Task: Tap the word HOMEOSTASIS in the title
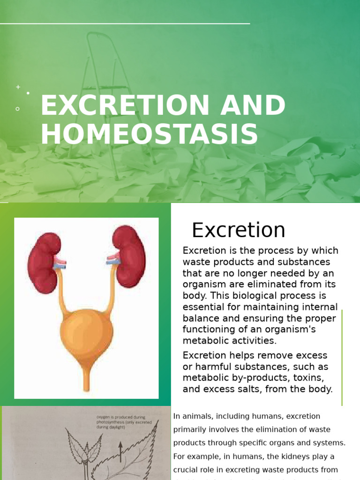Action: click(149, 134)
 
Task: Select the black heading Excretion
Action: click(238, 230)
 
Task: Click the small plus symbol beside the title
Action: click(18, 87)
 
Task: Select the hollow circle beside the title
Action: click(18, 109)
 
